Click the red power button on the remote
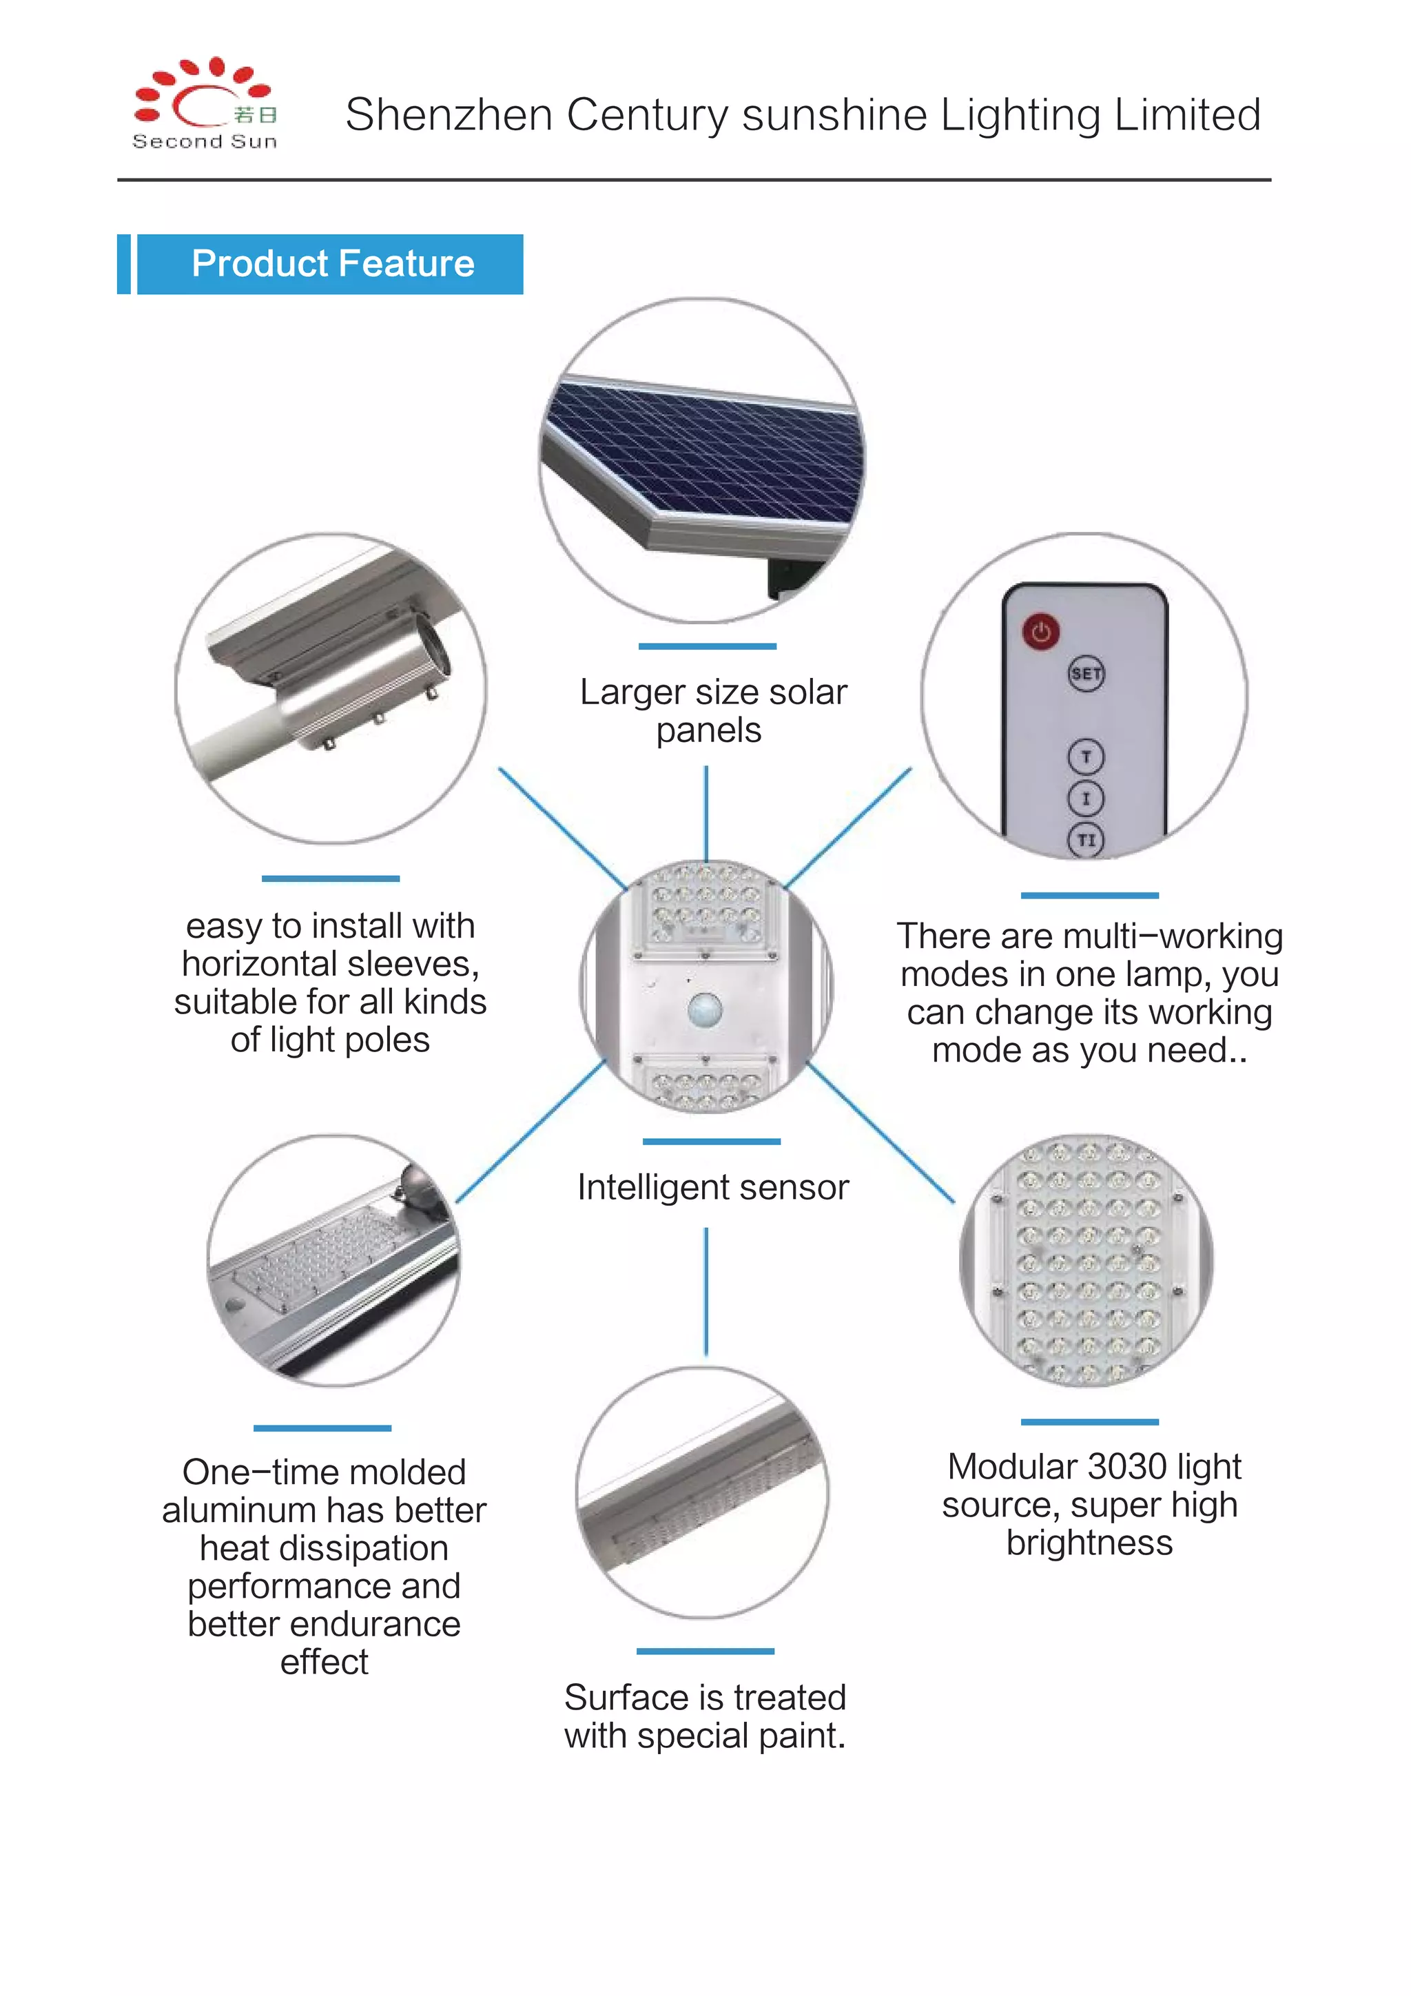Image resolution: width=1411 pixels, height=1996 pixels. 1040,632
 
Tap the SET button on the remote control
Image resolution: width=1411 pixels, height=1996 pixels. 1086,674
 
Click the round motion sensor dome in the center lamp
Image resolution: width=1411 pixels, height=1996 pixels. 705,1009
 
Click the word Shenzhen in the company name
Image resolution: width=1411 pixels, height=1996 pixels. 449,115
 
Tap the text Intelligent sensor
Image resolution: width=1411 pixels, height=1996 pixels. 712,1188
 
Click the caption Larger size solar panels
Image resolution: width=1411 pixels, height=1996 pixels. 712,711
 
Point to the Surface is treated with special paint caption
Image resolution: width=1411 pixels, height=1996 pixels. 704,1716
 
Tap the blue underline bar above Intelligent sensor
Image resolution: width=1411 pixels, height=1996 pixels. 711,1142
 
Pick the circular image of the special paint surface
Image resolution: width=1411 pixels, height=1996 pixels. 703,1492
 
